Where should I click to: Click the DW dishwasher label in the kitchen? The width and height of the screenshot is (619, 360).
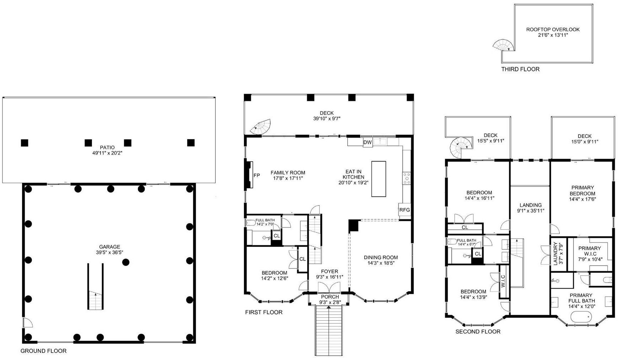click(x=368, y=142)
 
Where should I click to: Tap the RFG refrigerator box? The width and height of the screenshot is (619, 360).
click(x=404, y=210)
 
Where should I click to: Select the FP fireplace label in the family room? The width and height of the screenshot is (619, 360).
click(x=257, y=175)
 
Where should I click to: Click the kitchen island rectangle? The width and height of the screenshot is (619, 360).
click(x=379, y=179)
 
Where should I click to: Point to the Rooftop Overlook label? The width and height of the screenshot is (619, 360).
click(x=553, y=29)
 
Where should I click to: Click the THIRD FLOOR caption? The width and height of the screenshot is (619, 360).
click(x=520, y=69)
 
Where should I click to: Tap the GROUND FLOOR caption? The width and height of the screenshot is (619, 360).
click(x=43, y=351)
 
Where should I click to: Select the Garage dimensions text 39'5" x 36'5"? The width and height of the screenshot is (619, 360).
click(x=109, y=252)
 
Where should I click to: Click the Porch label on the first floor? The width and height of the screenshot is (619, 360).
click(x=330, y=297)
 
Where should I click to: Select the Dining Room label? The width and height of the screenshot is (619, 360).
click(x=381, y=257)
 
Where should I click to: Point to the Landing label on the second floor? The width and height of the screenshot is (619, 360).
click(x=531, y=205)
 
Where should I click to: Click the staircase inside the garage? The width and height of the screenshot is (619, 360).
click(x=96, y=286)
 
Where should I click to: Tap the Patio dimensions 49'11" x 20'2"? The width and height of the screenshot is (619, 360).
click(x=107, y=153)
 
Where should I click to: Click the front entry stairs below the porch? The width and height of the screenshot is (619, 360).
click(x=329, y=330)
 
